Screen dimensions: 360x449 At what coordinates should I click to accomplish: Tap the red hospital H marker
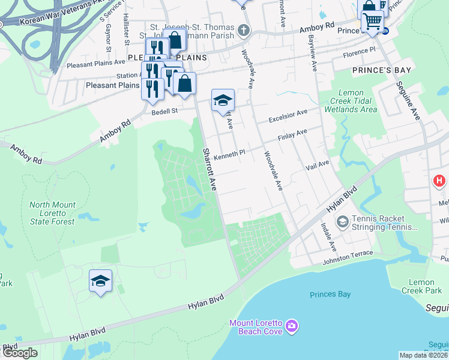pos(440,180)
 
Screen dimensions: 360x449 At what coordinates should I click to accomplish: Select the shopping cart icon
pos(373,22)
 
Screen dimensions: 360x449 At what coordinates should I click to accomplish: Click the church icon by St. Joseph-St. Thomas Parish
pos(243,29)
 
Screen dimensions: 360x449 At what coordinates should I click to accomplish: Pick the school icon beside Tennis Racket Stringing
pos(342,223)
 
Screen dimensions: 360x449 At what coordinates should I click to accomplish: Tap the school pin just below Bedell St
pos(222,100)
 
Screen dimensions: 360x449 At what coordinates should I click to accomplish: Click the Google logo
pos(20,353)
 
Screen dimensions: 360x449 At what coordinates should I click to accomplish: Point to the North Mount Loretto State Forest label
pos(53,213)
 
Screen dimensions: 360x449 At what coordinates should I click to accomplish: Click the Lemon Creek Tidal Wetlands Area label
pos(350,101)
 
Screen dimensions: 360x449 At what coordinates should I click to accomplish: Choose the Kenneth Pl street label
pos(229,153)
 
